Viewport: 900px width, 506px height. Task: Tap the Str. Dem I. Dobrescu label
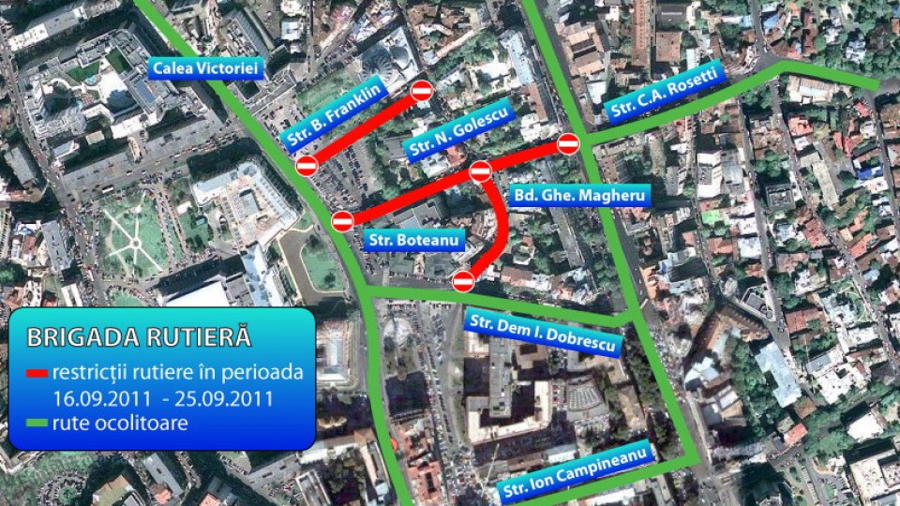coord(543,333)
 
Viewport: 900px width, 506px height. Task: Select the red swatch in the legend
coord(37,373)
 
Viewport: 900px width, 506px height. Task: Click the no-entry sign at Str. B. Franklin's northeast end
coord(422,90)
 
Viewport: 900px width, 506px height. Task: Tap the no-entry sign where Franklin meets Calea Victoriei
coord(307,166)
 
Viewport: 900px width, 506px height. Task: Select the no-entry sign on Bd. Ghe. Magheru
coord(568,143)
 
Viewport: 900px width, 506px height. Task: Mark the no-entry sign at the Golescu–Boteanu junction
coord(480,171)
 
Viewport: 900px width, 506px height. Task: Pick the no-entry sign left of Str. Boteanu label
coord(343,221)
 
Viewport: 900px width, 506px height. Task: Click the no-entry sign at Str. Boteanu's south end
coord(463,280)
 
